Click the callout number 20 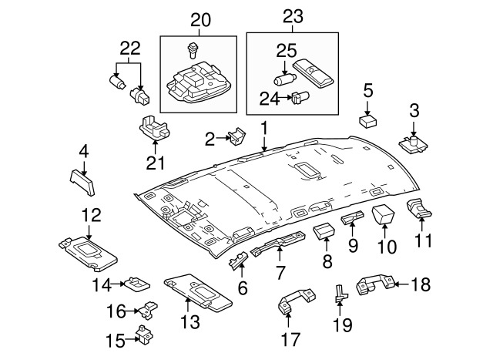tap(200, 18)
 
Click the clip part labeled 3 tap(414, 142)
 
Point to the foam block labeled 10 tap(383, 214)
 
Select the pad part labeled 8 tap(324, 230)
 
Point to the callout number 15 tap(115, 340)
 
